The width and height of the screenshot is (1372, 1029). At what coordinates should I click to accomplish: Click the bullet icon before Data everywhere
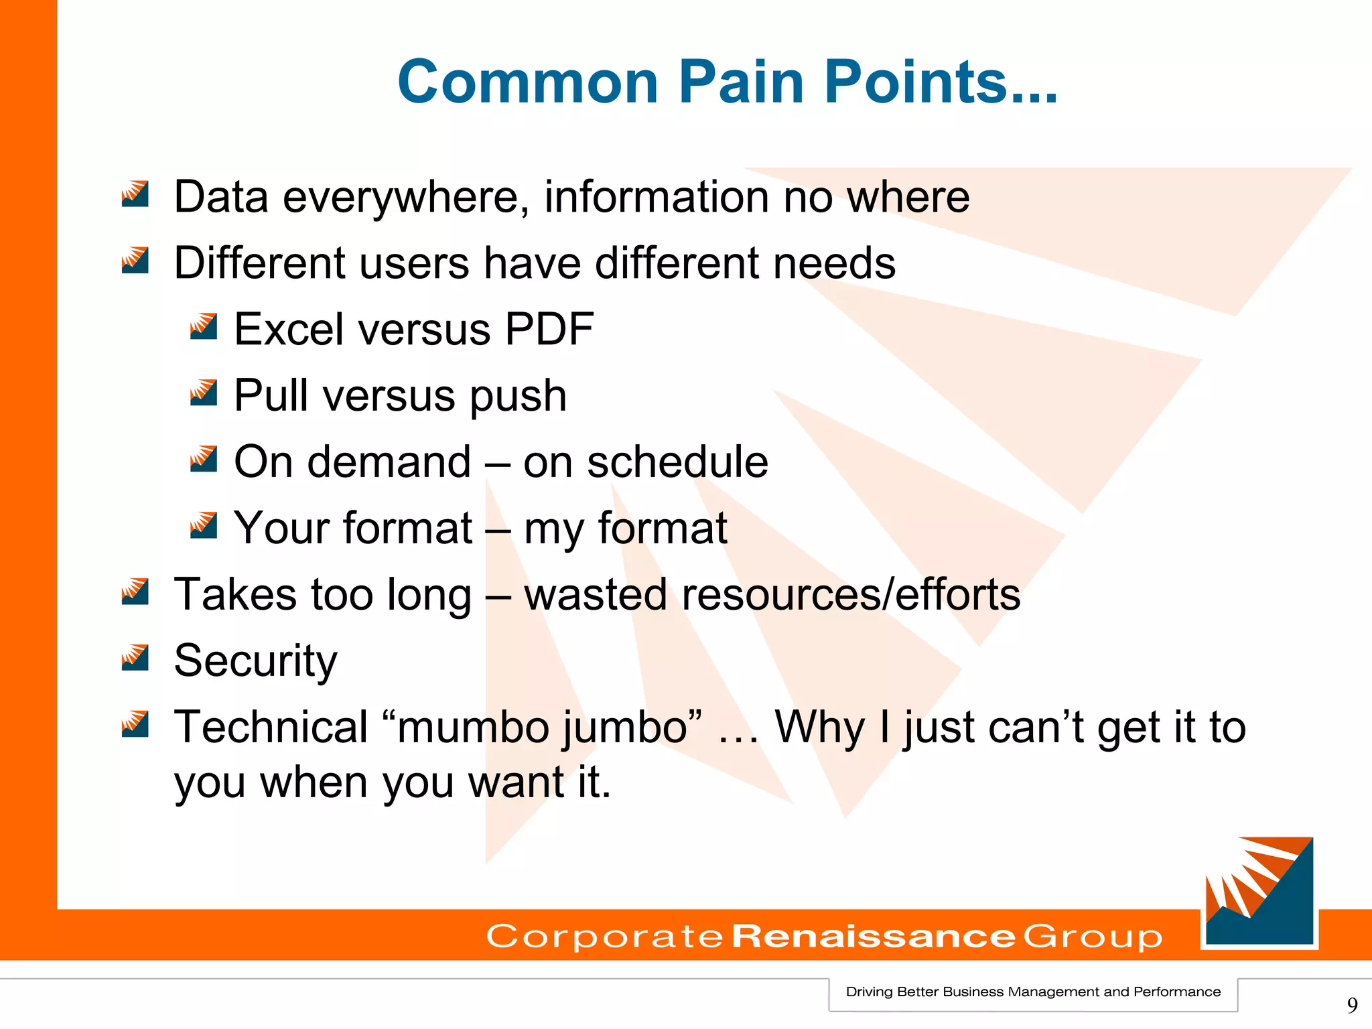[x=135, y=194]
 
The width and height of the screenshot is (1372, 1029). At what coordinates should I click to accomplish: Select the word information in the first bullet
[x=656, y=197]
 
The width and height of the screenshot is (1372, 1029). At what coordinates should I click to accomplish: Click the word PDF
[x=549, y=329]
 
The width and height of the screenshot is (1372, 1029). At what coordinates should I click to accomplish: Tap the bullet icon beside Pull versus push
[x=203, y=393]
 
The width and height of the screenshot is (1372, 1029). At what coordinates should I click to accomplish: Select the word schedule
[x=677, y=462]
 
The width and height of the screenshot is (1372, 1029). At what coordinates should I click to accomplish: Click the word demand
[x=389, y=462]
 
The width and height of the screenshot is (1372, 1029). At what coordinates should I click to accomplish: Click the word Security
[x=255, y=661]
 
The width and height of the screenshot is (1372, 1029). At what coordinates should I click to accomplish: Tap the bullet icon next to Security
[x=135, y=658]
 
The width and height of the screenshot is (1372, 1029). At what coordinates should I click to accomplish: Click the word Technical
[x=271, y=727]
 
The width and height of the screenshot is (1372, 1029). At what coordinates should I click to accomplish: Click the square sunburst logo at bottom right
[x=1259, y=892]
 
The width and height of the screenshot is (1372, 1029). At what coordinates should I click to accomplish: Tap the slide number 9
[x=1352, y=1005]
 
